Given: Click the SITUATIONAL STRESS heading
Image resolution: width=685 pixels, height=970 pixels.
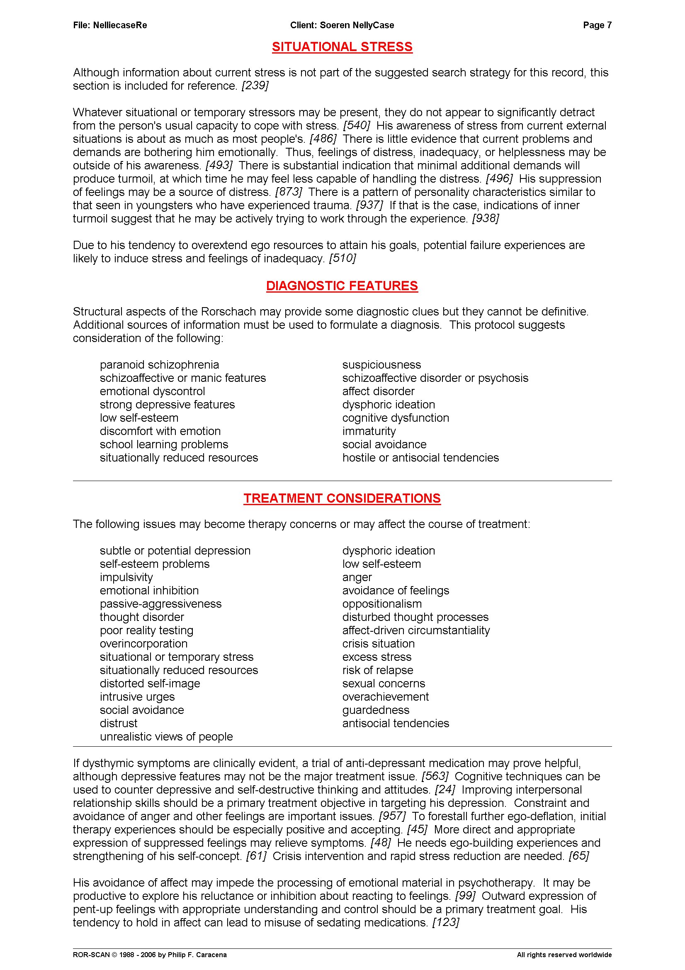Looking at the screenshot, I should (342, 47).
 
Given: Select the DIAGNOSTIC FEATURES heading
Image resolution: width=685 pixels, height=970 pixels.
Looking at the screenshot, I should (342, 286).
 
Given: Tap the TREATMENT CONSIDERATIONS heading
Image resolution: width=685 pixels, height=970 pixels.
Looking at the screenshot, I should (342, 498).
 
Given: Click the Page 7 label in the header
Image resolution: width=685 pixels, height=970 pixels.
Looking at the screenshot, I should (597, 25).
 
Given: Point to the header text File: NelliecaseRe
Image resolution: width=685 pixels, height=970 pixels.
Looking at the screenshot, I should (110, 25).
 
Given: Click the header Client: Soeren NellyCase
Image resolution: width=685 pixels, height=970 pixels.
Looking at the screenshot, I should (342, 25).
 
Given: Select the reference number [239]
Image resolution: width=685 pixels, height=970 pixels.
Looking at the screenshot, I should (255, 86).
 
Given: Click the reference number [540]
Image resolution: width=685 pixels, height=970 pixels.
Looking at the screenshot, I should (357, 125).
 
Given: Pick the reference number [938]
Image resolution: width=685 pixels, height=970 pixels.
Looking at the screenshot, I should (486, 218).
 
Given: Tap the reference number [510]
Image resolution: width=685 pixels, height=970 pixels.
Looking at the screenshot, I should (342, 258).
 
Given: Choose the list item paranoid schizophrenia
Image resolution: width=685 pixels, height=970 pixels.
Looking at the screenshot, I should (160, 364).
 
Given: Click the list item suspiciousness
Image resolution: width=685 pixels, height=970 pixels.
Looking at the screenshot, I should (381, 364).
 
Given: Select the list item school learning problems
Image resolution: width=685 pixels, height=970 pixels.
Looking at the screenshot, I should (164, 445).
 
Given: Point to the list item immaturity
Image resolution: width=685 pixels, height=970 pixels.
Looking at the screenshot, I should (369, 431).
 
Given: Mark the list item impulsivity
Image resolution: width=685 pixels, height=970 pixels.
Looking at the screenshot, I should (126, 577).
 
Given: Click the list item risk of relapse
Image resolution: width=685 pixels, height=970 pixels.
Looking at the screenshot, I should (378, 670).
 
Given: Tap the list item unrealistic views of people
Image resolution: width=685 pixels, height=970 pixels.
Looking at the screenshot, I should (166, 736).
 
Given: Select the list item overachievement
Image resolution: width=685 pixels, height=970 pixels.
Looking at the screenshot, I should (385, 696).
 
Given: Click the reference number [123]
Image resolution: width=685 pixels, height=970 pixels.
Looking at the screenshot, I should (446, 922).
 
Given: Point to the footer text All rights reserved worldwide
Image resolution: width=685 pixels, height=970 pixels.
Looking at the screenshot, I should (564, 955).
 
